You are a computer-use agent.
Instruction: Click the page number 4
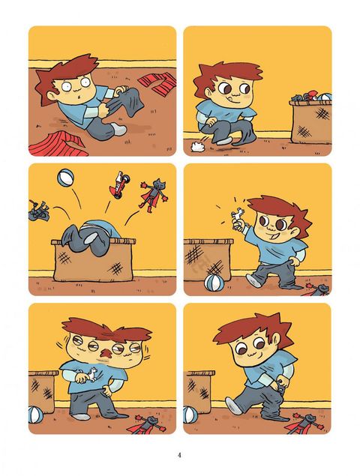tap(179, 455)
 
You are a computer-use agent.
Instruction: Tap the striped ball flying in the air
tap(65, 178)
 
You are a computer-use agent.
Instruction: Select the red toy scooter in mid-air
tap(117, 185)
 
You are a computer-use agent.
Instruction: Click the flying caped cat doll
tap(154, 196)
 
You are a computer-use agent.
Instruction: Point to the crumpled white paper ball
tap(197, 147)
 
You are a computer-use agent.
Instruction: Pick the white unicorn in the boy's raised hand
tap(238, 216)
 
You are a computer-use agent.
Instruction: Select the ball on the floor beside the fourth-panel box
tap(214, 283)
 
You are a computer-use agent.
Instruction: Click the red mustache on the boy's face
tap(106, 354)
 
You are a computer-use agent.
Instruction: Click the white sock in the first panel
tap(118, 129)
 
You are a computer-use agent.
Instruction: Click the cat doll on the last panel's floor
tap(304, 424)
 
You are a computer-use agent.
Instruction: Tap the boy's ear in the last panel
tap(276, 339)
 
